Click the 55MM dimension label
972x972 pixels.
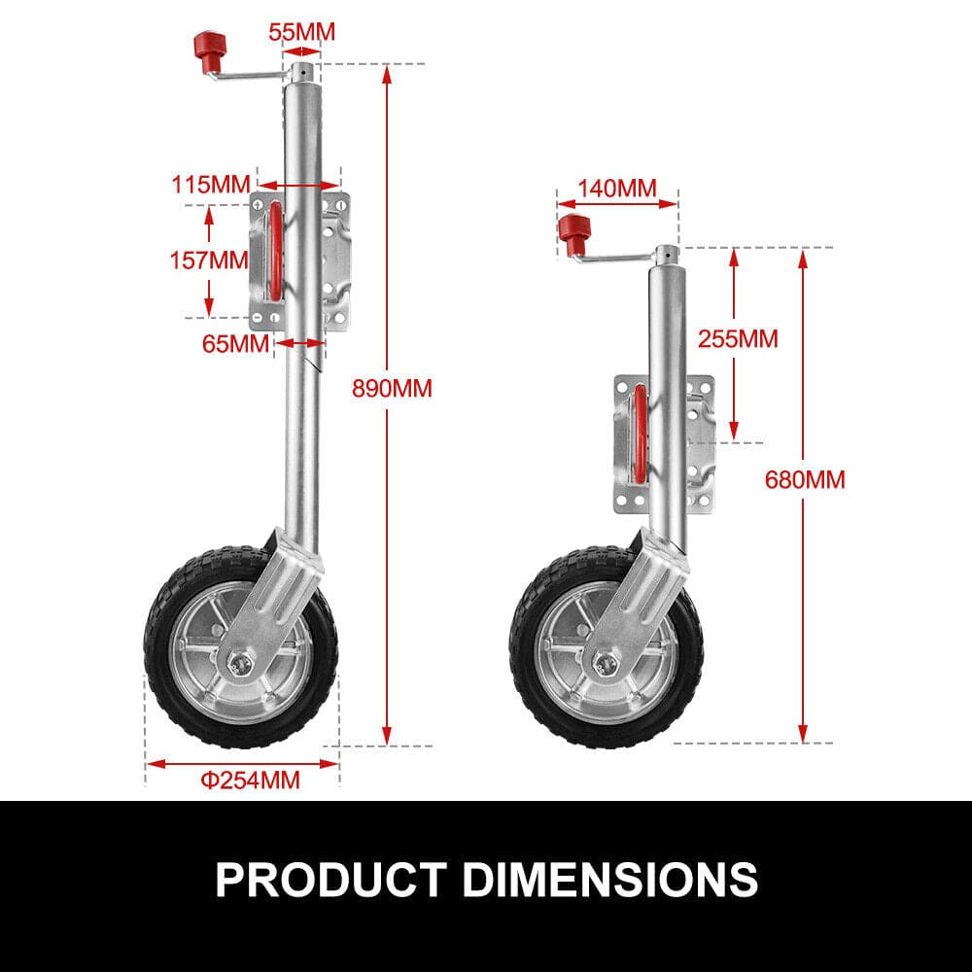[x=301, y=31]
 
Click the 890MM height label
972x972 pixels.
[x=393, y=388]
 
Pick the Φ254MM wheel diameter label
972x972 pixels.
[x=250, y=779]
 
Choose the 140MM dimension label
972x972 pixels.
[x=616, y=188]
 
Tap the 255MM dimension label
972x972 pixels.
[x=738, y=338]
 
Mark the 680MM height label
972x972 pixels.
[x=805, y=479]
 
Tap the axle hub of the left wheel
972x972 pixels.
[x=237, y=662]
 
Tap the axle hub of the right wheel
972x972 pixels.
[x=606, y=663]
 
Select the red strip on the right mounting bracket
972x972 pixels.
[x=640, y=434]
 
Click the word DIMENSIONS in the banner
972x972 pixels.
[x=609, y=879]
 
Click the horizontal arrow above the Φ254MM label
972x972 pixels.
[x=242, y=763]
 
